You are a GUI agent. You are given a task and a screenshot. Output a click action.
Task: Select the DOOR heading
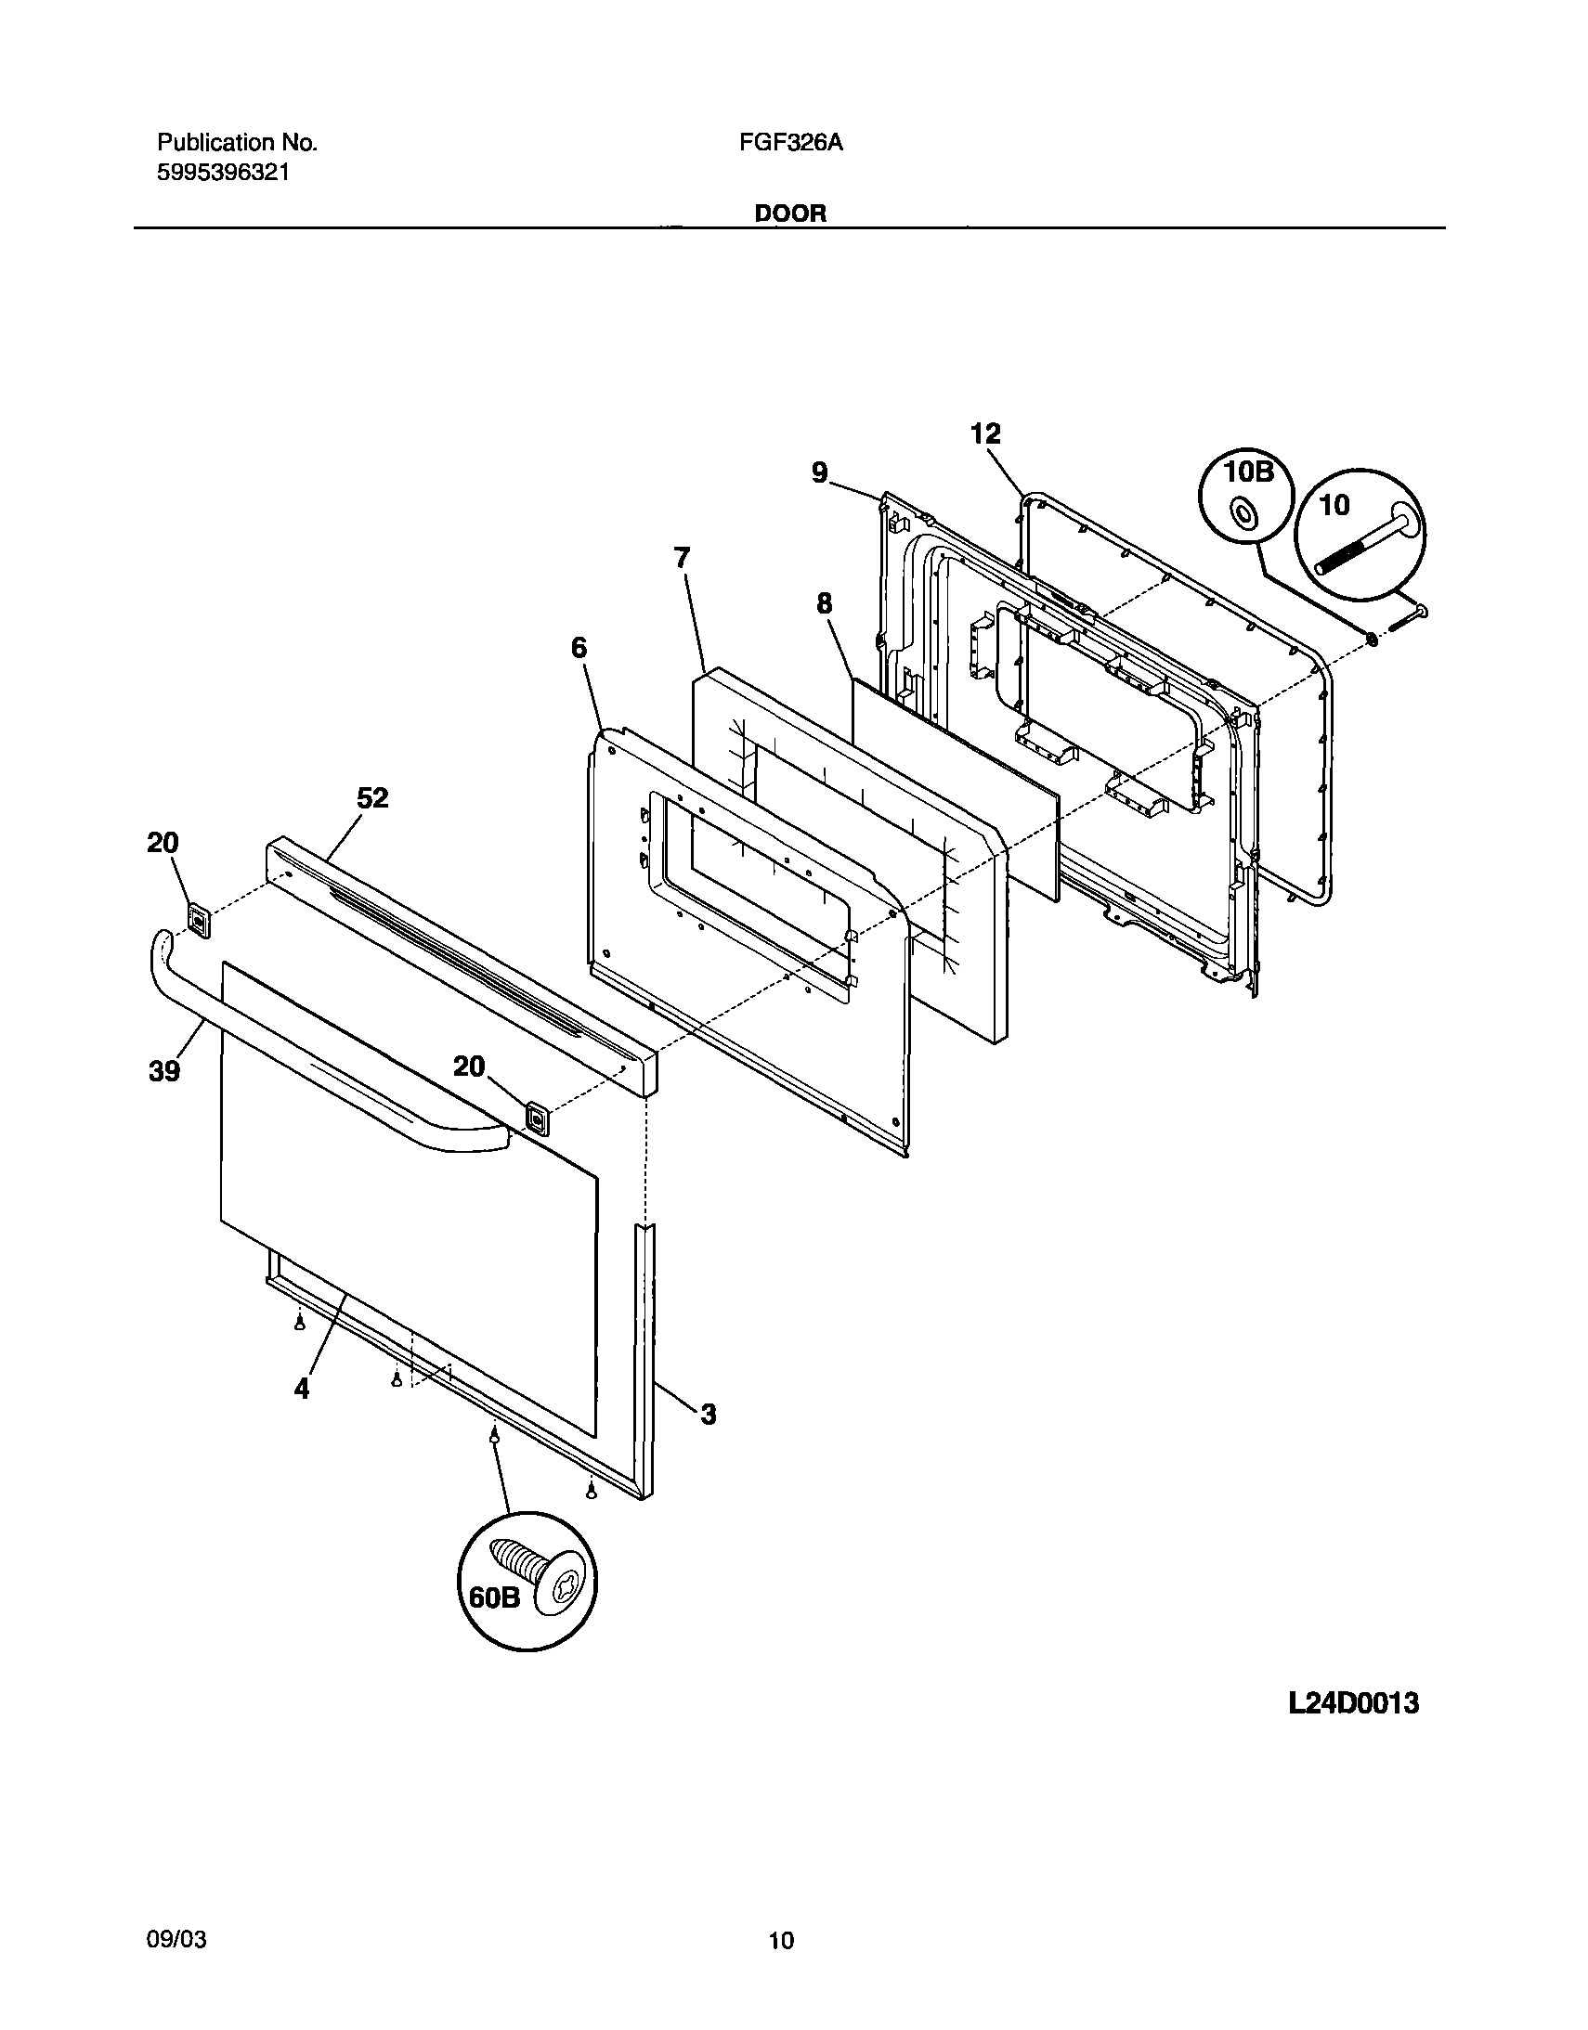[789, 213]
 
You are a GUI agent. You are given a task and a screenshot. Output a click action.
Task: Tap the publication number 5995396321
[223, 172]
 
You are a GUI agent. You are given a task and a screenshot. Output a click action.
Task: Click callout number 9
[819, 473]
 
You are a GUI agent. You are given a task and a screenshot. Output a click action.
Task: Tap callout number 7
[683, 558]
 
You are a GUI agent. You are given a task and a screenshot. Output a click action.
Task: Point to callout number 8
[825, 604]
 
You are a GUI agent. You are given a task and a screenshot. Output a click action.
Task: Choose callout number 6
[579, 647]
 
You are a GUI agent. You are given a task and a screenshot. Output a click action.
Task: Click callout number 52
[372, 797]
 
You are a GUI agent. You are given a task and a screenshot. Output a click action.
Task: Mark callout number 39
[164, 1072]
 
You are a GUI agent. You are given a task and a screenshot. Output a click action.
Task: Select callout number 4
[301, 1389]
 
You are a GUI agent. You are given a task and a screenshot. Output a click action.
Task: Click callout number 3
[709, 1415]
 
